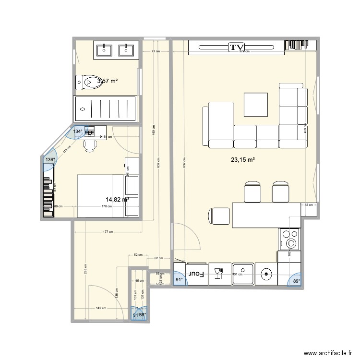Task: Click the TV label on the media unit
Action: tap(235, 47)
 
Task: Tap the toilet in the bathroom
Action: tap(87, 83)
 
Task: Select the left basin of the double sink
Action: tap(105, 49)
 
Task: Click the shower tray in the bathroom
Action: tap(105, 108)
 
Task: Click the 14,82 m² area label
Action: tap(118, 199)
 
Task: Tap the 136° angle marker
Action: tap(50, 161)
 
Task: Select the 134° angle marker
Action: tap(77, 131)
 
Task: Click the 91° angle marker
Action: tap(179, 279)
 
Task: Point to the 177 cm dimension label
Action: tap(107, 232)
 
